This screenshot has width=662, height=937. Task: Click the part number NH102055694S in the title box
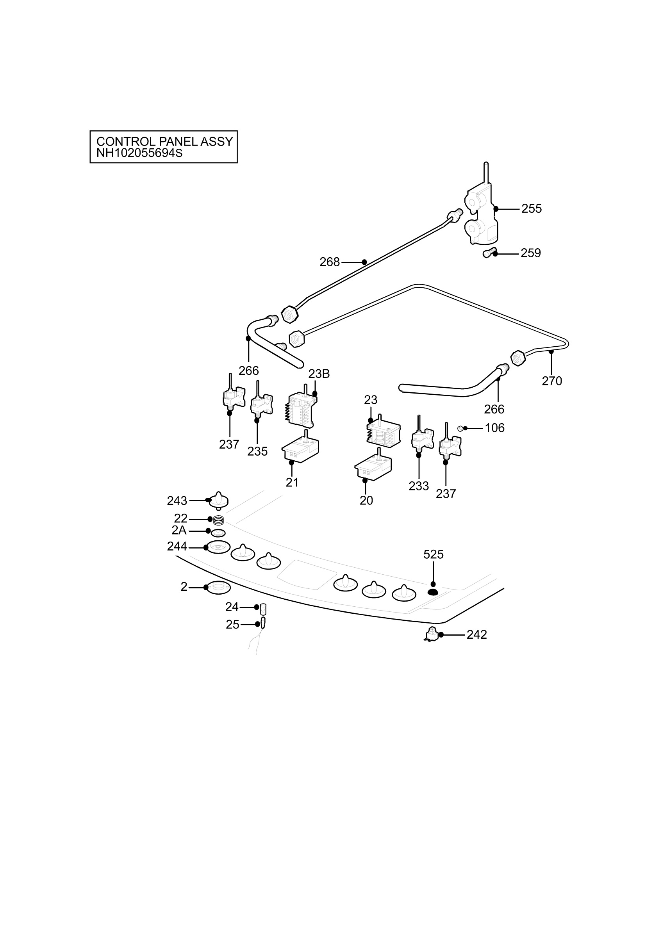click(139, 153)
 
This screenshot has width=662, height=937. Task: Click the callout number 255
click(532, 208)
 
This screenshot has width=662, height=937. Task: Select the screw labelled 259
click(489, 253)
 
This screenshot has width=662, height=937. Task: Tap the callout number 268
click(330, 262)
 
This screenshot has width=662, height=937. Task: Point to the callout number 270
click(552, 381)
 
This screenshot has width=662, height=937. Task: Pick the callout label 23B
click(319, 373)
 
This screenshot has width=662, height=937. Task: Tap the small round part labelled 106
click(460, 428)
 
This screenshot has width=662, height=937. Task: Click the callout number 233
click(419, 486)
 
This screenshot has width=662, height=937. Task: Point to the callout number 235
click(257, 451)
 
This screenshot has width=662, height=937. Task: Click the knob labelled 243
click(219, 501)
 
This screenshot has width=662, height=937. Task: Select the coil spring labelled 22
click(218, 520)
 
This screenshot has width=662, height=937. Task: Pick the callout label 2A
click(179, 530)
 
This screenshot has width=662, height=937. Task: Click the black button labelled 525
click(433, 592)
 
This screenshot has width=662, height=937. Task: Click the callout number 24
click(232, 607)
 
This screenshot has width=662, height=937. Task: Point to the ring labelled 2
click(218, 588)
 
